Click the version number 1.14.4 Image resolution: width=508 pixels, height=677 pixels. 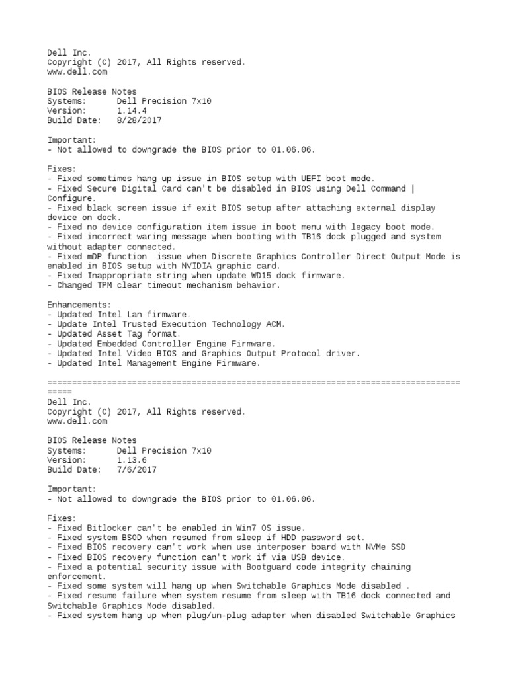132,111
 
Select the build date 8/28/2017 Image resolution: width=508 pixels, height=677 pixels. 139,121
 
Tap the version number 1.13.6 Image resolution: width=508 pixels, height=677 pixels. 132,460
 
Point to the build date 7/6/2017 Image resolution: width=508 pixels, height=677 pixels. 136,470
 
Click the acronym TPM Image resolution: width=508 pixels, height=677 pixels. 106,286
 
